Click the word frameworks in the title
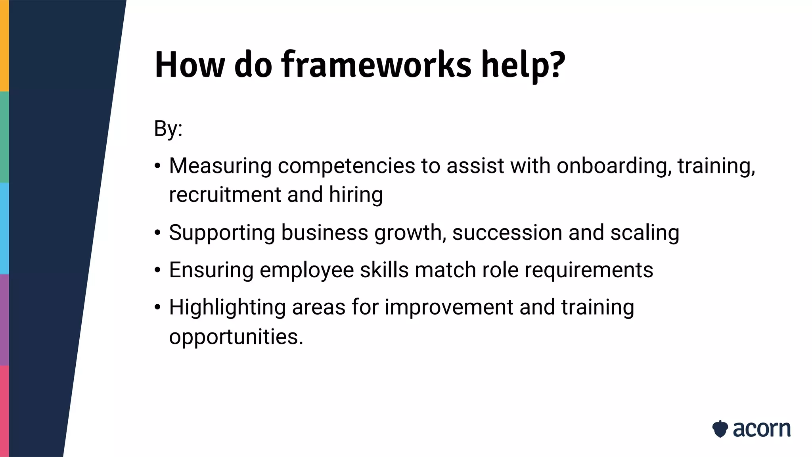tap(376, 64)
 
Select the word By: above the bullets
tap(168, 129)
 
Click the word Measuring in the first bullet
tap(220, 166)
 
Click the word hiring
tap(356, 195)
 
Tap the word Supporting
tap(222, 232)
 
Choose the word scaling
tap(645, 232)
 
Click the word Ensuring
tap(211, 270)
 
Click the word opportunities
tap(236, 337)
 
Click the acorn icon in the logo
tap(720, 429)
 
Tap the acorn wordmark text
tap(762, 429)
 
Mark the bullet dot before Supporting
tap(158, 233)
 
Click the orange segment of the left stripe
tap(4, 46)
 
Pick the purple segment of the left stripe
tap(4, 320)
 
